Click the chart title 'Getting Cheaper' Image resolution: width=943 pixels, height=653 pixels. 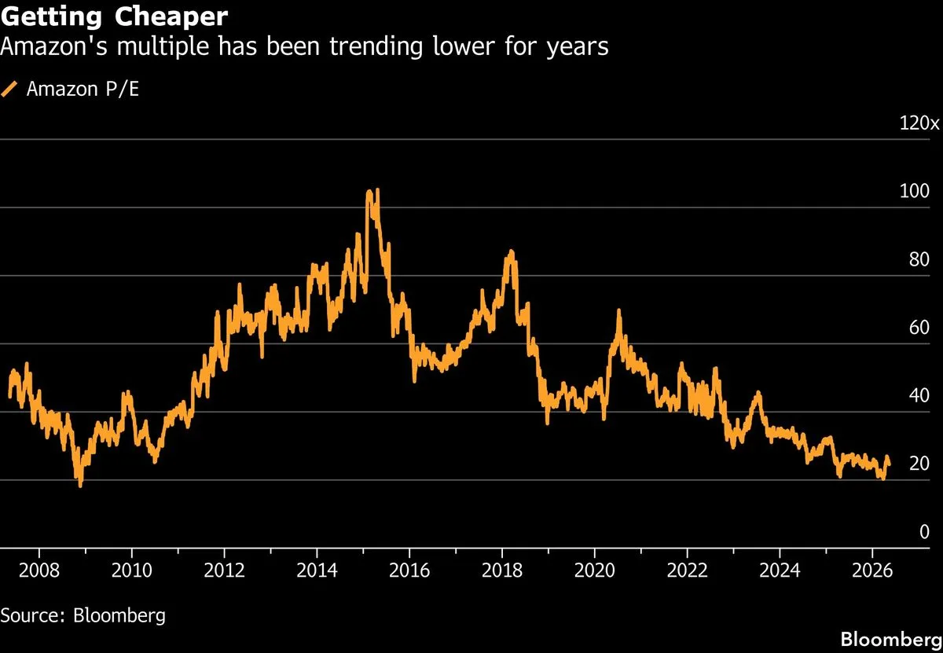pos(114,17)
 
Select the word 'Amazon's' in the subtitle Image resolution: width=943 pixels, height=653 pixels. pos(54,46)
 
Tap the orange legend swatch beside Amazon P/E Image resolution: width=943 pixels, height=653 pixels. pos(9,89)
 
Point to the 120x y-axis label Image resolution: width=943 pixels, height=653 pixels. pos(919,123)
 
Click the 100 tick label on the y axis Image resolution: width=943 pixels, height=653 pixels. pos(914,191)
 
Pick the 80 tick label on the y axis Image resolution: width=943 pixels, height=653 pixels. pos(919,259)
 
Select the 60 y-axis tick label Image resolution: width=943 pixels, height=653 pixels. pos(919,328)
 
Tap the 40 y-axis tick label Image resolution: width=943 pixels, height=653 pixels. pos(919,396)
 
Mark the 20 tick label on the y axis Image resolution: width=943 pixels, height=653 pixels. pos(919,464)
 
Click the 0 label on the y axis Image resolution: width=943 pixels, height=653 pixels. pos(924,532)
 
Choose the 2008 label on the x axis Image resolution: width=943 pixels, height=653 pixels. pos(39,570)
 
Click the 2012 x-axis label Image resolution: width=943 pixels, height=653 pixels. pos(225,570)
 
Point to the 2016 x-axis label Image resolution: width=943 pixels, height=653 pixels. pos(409,570)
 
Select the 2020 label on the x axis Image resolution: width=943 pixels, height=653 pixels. pos(594,570)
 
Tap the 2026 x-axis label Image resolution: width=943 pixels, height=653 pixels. pos(872,570)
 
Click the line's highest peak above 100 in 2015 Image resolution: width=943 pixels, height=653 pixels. pos(377,190)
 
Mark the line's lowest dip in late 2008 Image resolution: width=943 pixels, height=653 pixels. pos(80,486)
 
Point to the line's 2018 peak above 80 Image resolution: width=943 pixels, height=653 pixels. pos(512,251)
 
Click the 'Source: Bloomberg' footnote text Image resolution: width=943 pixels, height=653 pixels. pos(83,615)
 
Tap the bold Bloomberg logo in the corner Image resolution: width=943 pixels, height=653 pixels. pos(891,640)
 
